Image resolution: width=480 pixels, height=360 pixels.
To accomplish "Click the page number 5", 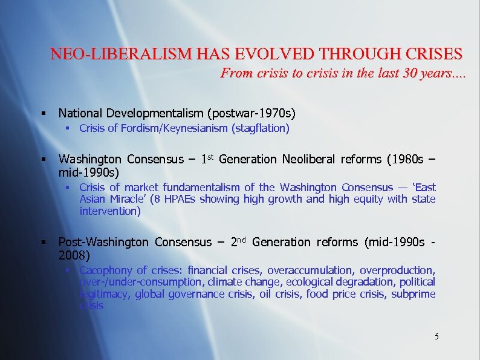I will point(436,336).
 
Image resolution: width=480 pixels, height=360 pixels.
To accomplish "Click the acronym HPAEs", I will point(179,199).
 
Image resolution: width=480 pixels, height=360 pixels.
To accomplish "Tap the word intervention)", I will point(109,211).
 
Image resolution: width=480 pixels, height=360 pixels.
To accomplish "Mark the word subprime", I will point(413,294).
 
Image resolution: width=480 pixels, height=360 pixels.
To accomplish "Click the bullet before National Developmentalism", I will point(44,113).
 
